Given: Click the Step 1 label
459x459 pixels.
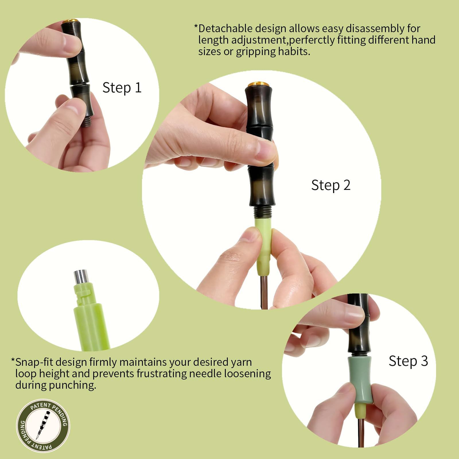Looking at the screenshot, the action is (122, 88).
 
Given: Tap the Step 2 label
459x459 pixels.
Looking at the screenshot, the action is (331, 185).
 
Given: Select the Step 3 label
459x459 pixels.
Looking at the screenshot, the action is (408, 361).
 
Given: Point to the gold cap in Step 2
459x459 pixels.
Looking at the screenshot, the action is (258, 84).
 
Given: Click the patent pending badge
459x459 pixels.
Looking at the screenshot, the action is (43, 426).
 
